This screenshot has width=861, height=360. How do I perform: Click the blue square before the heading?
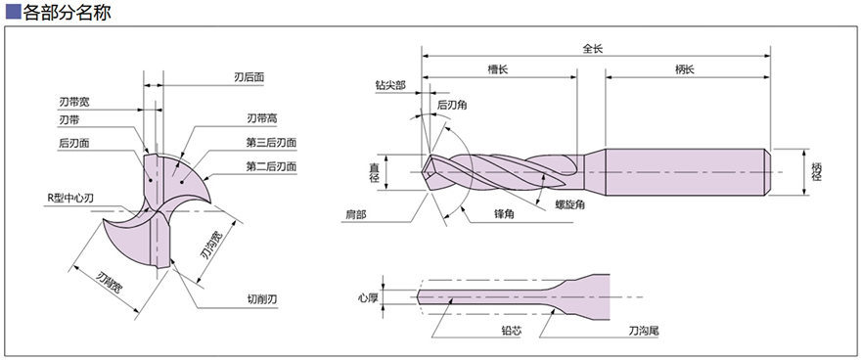click(13, 13)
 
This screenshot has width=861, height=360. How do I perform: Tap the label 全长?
click(593, 48)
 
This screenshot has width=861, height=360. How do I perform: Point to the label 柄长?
click(685, 68)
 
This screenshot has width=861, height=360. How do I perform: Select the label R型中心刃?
click(71, 199)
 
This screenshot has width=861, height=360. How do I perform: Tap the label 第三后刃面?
click(270, 143)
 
